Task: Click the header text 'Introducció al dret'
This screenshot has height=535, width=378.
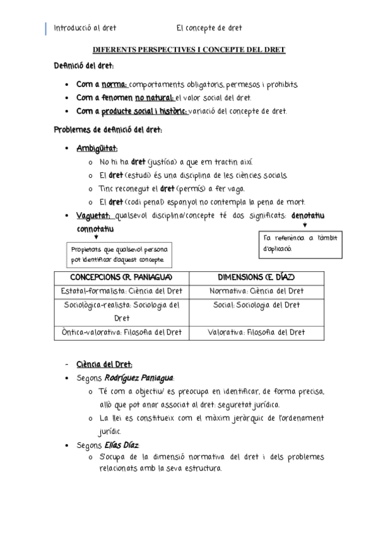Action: click(x=85, y=28)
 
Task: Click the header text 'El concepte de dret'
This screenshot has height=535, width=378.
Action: click(x=209, y=28)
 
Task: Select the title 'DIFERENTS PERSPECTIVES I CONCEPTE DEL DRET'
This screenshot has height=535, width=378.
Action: click(x=189, y=49)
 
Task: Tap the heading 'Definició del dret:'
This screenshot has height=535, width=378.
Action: click(x=84, y=66)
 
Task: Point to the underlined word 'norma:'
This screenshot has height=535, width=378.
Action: click(x=114, y=85)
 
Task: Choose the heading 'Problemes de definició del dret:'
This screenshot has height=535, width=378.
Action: click(x=108, y=130)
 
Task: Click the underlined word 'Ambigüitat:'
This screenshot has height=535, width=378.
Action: click(x=97, y=149)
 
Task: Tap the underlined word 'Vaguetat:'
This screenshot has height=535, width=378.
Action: click(x=93, y=216)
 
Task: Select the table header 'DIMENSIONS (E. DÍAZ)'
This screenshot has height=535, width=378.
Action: click(x=256, y=278)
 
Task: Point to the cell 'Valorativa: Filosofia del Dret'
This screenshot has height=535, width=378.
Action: click(x=256, y=332)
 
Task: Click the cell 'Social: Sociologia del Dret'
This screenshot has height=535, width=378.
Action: click(x=256, y=305)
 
